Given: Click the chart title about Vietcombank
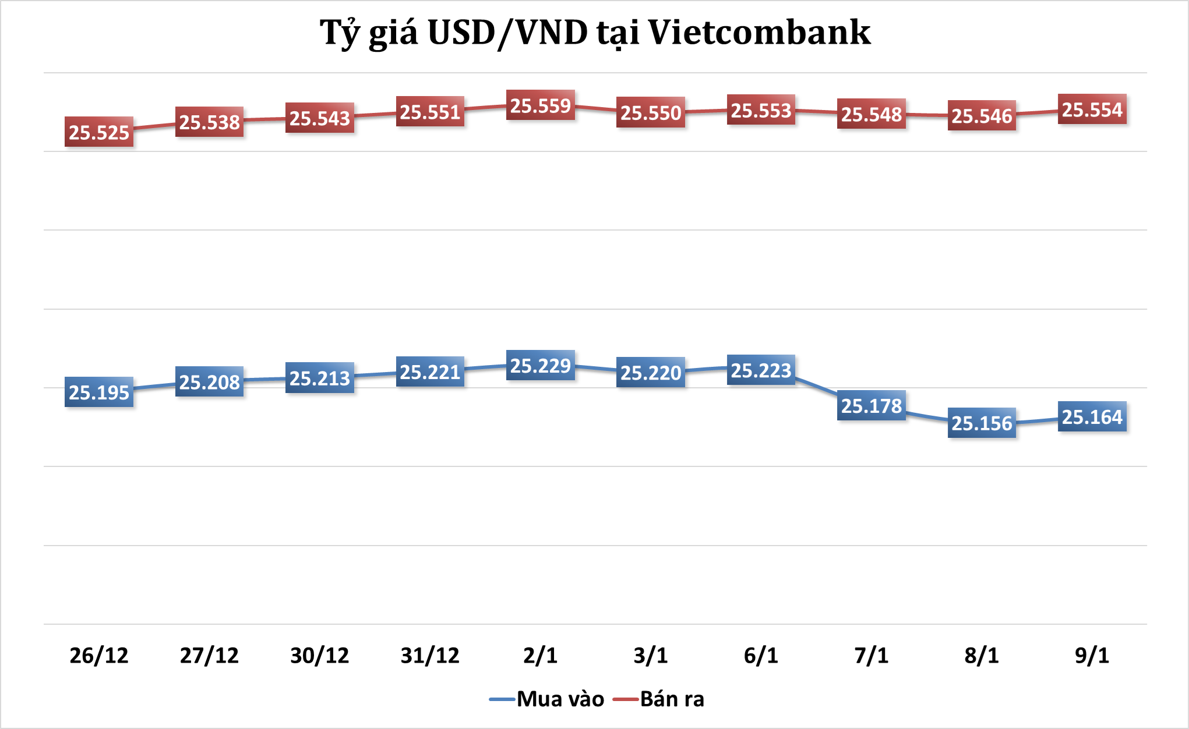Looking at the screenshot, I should coord(595,33).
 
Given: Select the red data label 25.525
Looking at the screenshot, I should coord(99,132).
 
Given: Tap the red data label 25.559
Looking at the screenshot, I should coord(541,105).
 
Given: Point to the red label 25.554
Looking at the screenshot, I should coord(1092,109).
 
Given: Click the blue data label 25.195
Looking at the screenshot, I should coord(99,392).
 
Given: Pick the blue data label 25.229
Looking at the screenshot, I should coord(541,366).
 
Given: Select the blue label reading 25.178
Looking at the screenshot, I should coord(872,405).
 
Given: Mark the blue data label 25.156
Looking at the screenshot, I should coord(982,423).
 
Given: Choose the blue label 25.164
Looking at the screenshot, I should coord(1092,417).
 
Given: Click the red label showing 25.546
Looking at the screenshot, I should coord(982,116).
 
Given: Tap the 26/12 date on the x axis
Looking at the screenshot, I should coord(99,656).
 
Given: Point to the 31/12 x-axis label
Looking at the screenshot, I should coord(430,656).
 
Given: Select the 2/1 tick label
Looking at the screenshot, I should coord(541,656).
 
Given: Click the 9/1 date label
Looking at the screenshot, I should coord(1092,656).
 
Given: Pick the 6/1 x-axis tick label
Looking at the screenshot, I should coord(761,656).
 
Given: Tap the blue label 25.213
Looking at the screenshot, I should coord(320,378).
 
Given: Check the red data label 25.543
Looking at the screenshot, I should coord(320,118).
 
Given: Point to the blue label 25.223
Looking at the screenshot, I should coord(761,370).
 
